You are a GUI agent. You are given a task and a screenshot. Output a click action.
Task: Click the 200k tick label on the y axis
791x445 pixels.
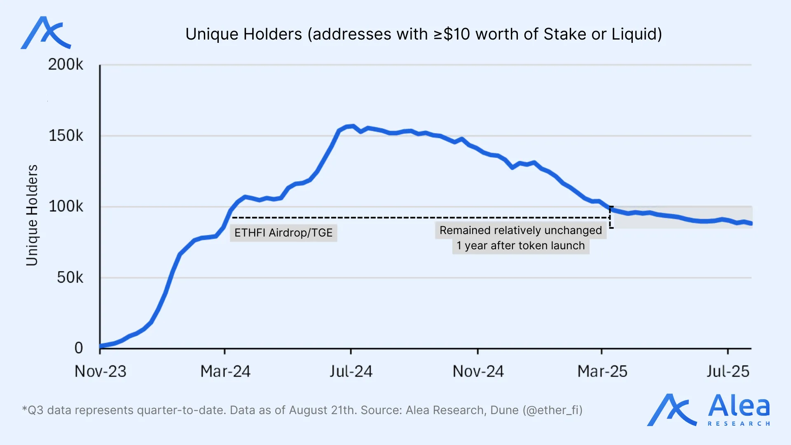tap(66, 65)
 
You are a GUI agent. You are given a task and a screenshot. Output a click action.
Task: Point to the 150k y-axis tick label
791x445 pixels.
tap(66, 136)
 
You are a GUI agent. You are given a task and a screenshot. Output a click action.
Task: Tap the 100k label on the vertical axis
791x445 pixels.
tap(66, 206)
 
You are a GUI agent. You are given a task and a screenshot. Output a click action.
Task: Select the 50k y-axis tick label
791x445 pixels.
tap(70, 278)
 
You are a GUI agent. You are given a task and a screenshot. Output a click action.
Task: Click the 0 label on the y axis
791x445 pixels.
tap(79, 348)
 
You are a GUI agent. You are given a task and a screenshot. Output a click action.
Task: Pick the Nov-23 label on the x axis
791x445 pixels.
tap(100, 372)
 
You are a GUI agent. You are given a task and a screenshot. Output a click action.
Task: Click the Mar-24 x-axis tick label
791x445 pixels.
tap(225, 372)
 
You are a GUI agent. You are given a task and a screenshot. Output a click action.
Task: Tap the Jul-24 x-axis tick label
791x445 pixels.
tap(351, 372)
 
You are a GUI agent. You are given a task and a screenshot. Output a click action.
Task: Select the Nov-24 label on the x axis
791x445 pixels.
tap(478, 372)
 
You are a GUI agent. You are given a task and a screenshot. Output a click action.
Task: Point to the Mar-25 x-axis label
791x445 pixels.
tap(602, 372)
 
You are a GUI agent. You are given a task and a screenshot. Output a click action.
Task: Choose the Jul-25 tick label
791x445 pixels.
tap(728, 372)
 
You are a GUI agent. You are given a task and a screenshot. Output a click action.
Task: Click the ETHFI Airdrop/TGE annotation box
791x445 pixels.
tap(283, 233)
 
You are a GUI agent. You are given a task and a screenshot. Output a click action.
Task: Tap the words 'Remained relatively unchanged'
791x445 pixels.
tap(521, 230)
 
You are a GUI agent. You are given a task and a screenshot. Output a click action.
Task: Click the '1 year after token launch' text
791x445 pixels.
tap(521, 246)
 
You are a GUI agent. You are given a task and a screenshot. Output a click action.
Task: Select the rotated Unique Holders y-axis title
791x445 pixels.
tap(32, 215)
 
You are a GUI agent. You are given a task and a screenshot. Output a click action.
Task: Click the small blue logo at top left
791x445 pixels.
tap(45, 33)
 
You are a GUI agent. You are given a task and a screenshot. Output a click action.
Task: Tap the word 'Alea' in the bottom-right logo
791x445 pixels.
tap(739, 406)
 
